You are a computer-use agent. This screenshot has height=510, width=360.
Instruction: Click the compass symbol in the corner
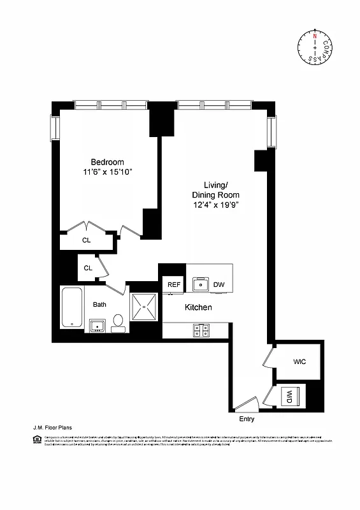coord(314,47)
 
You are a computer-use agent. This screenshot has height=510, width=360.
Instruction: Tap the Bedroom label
coord(107,162)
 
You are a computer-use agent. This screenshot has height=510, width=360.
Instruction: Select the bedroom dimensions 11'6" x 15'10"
coord(107,173)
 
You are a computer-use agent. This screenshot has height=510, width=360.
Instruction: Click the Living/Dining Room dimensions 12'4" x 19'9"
coord(215,205)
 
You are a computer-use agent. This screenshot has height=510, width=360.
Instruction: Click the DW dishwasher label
coord(219,284)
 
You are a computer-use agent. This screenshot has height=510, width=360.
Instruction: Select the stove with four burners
coord(202,330)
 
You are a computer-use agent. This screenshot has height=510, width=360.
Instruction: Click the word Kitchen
coord(198,308)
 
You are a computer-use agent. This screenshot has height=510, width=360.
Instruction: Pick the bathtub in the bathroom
coord(71,308)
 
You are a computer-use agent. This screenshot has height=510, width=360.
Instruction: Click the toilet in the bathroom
coord(118,323)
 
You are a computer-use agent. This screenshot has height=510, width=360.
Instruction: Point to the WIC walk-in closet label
coord(299,361)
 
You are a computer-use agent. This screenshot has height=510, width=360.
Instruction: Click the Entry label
coord(247,419)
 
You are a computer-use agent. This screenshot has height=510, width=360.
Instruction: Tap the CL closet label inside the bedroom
coord(86,240)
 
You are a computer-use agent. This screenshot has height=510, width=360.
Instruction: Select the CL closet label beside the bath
coord(89,268)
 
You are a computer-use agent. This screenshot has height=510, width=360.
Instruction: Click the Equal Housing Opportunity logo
coord(36,439)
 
